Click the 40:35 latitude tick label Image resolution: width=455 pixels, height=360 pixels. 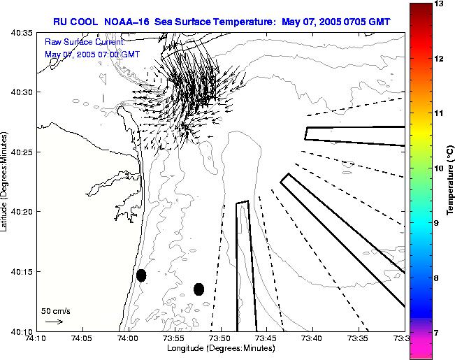23,32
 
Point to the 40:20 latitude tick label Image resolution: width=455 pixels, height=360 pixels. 23,211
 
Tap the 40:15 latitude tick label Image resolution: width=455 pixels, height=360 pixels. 23,271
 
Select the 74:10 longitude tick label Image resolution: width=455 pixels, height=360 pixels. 36,338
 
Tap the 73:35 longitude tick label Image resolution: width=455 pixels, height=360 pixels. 358,338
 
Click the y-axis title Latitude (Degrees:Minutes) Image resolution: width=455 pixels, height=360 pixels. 6,181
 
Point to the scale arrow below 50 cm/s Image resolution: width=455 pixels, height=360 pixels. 54,322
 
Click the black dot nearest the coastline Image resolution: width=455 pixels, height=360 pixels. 141,275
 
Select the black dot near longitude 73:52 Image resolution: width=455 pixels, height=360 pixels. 198,289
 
